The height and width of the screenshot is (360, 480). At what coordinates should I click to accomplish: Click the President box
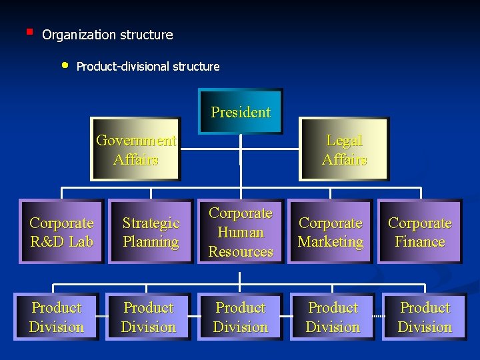[x=241, y=111]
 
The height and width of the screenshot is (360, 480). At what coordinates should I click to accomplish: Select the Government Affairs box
[x=136, y=150]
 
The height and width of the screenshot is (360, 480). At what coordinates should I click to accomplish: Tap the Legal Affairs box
[x=344, y=150]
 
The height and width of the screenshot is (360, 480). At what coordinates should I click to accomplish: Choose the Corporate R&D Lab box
[x=61, y=232]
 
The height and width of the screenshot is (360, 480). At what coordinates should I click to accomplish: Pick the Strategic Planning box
[x=151, y=232]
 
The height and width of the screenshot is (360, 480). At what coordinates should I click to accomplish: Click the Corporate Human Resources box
[x=241, y=232]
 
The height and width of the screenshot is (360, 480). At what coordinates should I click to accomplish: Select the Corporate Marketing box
[x=331, y=232]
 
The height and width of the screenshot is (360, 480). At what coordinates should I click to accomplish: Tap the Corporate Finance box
[x=420, y=232]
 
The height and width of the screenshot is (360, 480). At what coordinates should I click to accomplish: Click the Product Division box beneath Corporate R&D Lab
[x=57, y=317]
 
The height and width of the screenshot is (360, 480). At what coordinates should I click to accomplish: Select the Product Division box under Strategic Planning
[x=149, y=317]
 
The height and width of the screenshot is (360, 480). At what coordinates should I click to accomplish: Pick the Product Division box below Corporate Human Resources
[x=241, y=317]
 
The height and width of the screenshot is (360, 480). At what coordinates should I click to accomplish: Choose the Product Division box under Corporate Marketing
[x=333, y=317]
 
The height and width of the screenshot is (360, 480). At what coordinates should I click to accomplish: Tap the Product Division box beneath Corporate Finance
[x=425, y=317]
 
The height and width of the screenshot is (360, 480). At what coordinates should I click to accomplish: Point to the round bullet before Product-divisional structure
[x=65, y=65]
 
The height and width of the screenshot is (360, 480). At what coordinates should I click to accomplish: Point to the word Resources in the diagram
[x=241, y=251]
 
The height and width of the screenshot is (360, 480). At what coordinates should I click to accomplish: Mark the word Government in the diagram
[x=136, y=141]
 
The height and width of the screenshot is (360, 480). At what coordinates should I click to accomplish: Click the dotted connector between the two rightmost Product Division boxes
[x=379, y=316]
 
